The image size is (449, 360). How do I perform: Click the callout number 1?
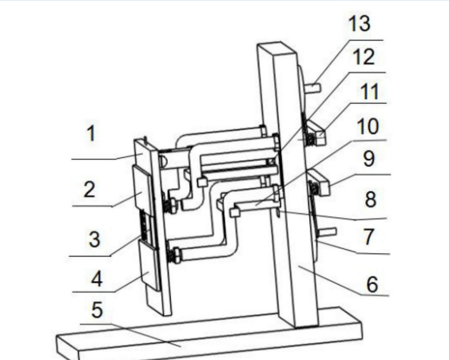click(91, 133)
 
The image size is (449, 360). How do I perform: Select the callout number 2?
click(89, 189)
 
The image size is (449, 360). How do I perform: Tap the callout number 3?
click(94, 239)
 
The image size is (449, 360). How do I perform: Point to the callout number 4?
click(97, 279)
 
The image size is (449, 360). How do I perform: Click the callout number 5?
click(97, 310)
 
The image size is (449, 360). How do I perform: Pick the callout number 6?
click(372, 284)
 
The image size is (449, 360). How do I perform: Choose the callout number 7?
click(368, 237)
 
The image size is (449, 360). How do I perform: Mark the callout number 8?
click(371, 200)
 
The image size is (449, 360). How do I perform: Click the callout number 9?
click(368, 159)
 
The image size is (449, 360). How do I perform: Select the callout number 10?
click(368, 126)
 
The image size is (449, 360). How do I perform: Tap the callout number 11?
click(369, 92)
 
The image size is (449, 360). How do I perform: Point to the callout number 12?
click(364, 57)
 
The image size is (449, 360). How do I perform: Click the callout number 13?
click(360, 23)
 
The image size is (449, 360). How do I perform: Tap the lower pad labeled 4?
click(149, 265)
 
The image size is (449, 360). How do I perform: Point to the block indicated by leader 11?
click(317, 132)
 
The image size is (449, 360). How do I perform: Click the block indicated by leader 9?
click(320, 182)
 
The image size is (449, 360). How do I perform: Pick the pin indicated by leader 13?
click(314, 87)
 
